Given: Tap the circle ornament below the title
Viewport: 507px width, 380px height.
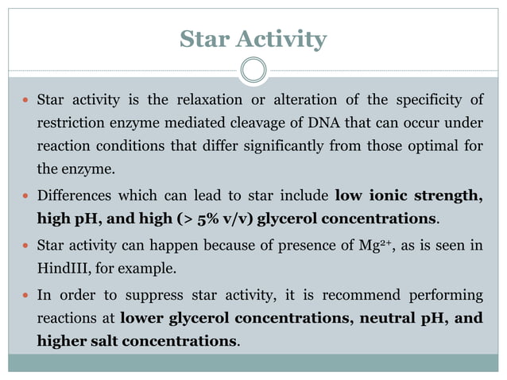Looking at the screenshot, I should (253, 69).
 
